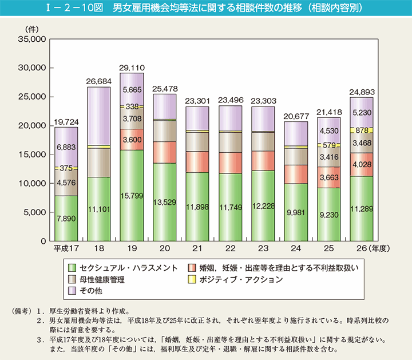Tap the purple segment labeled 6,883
66,148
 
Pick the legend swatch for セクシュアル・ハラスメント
72,268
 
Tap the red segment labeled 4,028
362,164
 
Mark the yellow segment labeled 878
362,131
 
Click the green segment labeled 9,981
295,212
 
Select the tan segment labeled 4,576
66,183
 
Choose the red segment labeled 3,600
132,139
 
